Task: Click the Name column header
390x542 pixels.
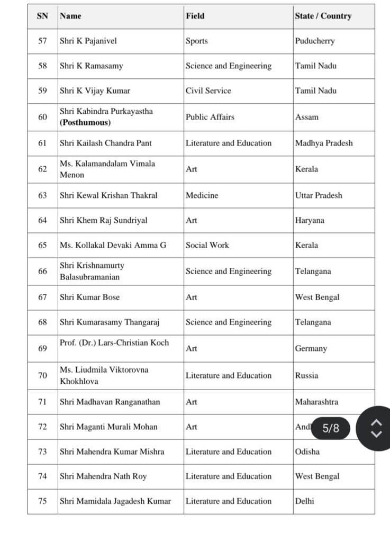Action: (x=71, y=16)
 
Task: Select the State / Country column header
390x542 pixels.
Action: (x=323, y=16)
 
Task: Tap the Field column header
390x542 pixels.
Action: (x=195, y=16)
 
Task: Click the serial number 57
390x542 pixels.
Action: (x=42, y=41)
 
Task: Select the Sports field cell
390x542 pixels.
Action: (x=196, y=41)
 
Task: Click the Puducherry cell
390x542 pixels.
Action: (x=314, y=41)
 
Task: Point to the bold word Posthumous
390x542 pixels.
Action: (x=85, y=122)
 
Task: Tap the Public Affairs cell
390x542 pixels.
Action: (x=210, y=117)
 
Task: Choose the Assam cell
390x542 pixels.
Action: (x=306, y=117)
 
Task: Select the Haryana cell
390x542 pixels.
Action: (x=310, y=220)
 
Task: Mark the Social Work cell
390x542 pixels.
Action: (x=207, y=246)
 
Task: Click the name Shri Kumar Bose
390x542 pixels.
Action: (x=89, y=297)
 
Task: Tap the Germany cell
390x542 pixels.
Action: (x=311, y=348)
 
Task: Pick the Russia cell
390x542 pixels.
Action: (x=306, y=375)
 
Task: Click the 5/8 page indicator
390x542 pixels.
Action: (x=331, y=428)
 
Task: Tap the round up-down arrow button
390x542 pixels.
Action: (x=376, y=428)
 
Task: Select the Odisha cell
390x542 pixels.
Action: (x=307, y=451)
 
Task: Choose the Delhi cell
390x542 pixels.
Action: (x=304, y=501)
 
